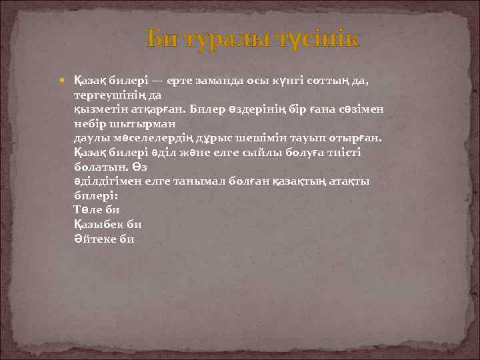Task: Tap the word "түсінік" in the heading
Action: (x=315, y=39)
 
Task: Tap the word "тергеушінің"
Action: (x=109, y=95)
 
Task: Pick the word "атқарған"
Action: (x=159, y=109)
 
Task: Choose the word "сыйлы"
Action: (x=273, y=153)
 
